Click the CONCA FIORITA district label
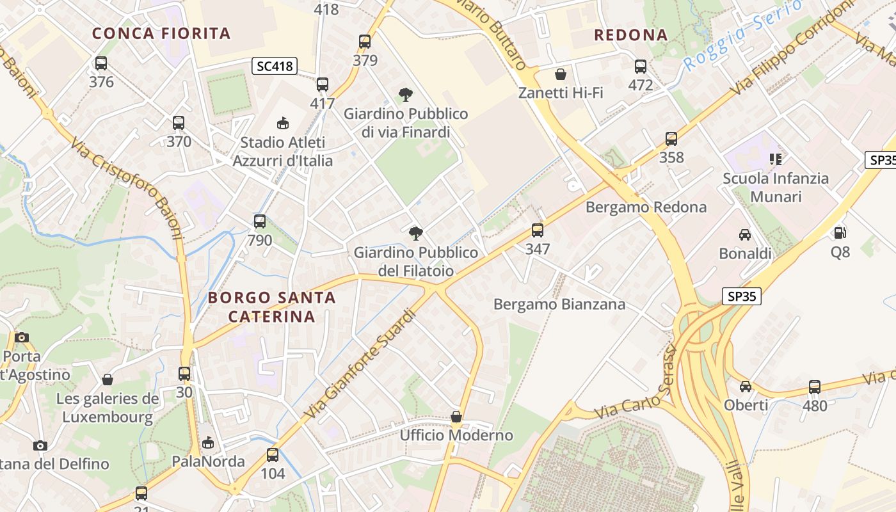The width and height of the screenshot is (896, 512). pos(161,33)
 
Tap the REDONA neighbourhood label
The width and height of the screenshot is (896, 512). pos(630,35)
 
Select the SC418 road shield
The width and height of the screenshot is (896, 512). pos(275,66)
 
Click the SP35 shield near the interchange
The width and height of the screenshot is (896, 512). pos(742,296)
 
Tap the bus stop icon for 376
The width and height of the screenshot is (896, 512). pos(101,63)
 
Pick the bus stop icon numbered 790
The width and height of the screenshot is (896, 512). pos(260,221)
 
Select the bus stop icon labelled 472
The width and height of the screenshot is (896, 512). pos(641,67)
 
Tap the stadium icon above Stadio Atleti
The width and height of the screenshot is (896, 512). pos(282,123)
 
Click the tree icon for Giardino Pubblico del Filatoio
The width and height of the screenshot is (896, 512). pos(416,233)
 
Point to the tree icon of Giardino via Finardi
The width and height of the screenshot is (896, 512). pos(405,95)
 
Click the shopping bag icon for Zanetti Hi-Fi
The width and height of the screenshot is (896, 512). pos(561,74)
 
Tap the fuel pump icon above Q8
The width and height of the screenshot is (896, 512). pos(840,233)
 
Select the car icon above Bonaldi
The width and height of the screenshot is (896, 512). pos(745,234)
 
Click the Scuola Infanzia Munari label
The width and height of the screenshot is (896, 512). pos(776,187)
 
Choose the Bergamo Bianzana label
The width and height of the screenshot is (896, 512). pos(559,305)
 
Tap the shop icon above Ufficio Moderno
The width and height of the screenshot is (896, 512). pos(456,417)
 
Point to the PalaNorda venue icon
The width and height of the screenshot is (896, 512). pos(208,443)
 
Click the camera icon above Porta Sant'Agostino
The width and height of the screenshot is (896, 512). pos(22,337)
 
